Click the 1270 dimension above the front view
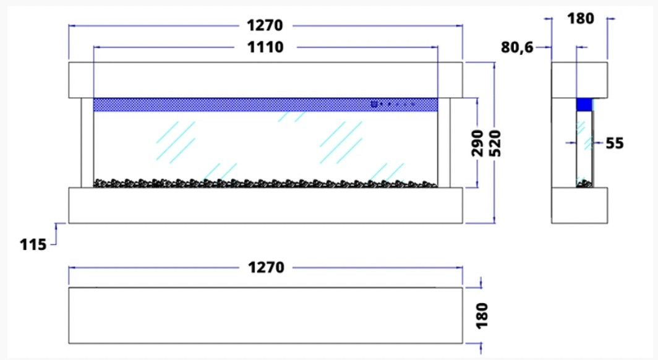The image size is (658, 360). point(265,25)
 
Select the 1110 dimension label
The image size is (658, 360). point(265,47)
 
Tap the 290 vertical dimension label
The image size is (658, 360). point(477,143)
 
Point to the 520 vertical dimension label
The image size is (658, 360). point(495,144)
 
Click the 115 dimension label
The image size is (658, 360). point(33,244)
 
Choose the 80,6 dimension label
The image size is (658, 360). point(517,48)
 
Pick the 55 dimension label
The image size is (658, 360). point(615,144)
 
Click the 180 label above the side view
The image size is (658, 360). point(581,19)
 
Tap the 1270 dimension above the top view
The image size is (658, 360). point(266,267)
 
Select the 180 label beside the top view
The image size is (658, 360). point(482,315)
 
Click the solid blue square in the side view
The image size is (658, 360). point(584,105)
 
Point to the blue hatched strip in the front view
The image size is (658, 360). point(266,105)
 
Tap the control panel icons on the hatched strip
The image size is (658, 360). point(392,104)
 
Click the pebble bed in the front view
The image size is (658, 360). point(265,183)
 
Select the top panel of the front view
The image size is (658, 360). point(266,80)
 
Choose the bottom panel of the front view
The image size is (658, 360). point(266,205)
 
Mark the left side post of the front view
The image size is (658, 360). point(87,143)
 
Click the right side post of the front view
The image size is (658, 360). point(444,143)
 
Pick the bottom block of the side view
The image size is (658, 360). point(579,205)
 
